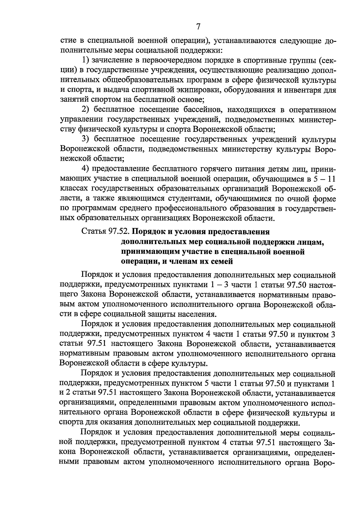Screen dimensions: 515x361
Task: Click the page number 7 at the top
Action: pos(198,27)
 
